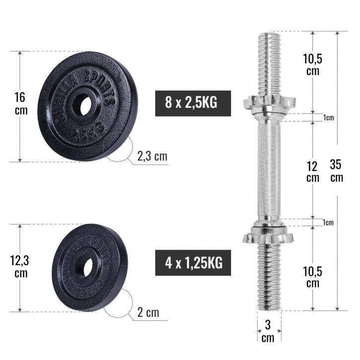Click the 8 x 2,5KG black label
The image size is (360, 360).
(x=193, y=103)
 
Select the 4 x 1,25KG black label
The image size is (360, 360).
(x=193, y=263)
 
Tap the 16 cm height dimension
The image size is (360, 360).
(x=21, y=103)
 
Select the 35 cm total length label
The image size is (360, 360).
(x=337, y=170)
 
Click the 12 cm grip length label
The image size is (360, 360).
(x=312, y=170)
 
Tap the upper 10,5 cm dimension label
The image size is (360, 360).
(x=312, y=64)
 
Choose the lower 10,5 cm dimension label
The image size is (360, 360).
(x=312, y=277)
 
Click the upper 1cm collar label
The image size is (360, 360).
(x=328, y=118)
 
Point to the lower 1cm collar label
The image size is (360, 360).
(x=328, y=222)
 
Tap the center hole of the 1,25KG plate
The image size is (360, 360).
(x=88, y=268)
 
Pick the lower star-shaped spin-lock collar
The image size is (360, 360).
(x=269, y=236)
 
